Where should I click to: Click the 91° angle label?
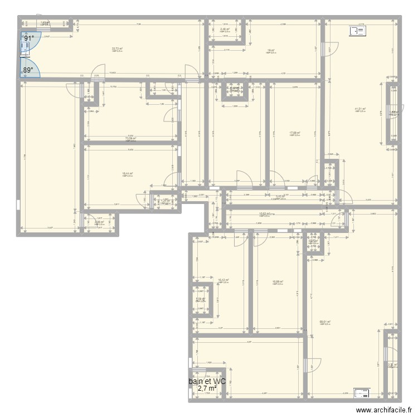[28, 38]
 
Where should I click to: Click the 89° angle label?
[28, 70]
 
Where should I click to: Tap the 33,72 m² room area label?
[116, 49]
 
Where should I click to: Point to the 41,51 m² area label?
[360, 109]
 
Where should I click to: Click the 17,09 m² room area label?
[294, 133]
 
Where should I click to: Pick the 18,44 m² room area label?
[127, 174]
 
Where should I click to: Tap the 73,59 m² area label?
[131, 139]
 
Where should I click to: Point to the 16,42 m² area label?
[223, 280]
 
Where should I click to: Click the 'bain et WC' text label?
[207, 382]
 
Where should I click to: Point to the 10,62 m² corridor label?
[265, 213]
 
